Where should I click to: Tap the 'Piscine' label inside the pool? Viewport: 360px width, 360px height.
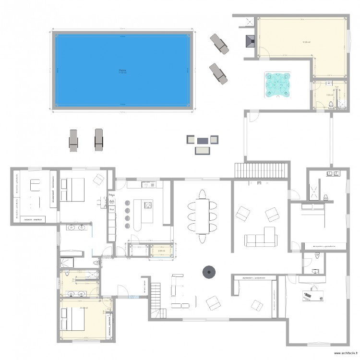[x=122, y=70]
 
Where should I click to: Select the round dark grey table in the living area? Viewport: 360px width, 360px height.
[x=209, y=272]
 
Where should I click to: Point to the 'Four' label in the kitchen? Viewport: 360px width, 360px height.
[x=111, y=209]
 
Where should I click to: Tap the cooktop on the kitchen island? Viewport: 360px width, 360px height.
[x=148, y=205]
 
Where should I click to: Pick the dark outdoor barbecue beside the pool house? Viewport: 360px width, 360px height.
[x=250, y=41]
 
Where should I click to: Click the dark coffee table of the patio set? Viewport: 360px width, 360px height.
[x=202, y=140]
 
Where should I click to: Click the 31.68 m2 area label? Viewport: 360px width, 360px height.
[x=306, y=42]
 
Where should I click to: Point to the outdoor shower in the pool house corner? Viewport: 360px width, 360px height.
[x=249, y=21]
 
